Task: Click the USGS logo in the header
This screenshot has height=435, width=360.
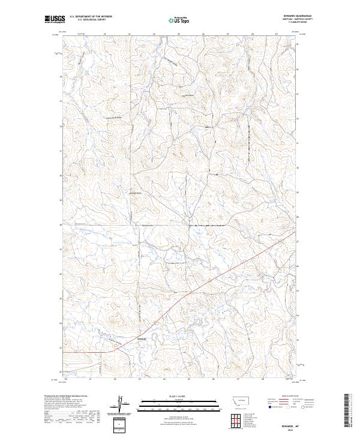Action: (55, 20)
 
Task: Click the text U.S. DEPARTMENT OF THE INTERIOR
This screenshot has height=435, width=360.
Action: (91, 17)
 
